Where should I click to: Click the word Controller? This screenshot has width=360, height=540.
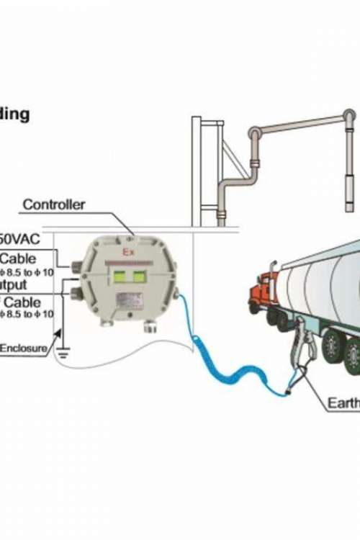[53, 204]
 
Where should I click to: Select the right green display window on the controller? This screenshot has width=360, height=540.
[139, 276]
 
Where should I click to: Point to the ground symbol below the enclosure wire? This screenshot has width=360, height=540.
[63, 352]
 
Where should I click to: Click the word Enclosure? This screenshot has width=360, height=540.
[23, 349]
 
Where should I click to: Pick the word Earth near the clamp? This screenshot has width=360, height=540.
[344, 403]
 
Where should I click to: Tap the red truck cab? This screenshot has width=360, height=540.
[261, 295]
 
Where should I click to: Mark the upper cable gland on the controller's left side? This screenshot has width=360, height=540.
[76, 268]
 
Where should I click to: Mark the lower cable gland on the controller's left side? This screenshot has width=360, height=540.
[76, 292]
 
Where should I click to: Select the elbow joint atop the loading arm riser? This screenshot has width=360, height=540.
[254, 135]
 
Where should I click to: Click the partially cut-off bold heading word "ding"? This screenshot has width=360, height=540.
[14, 114]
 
